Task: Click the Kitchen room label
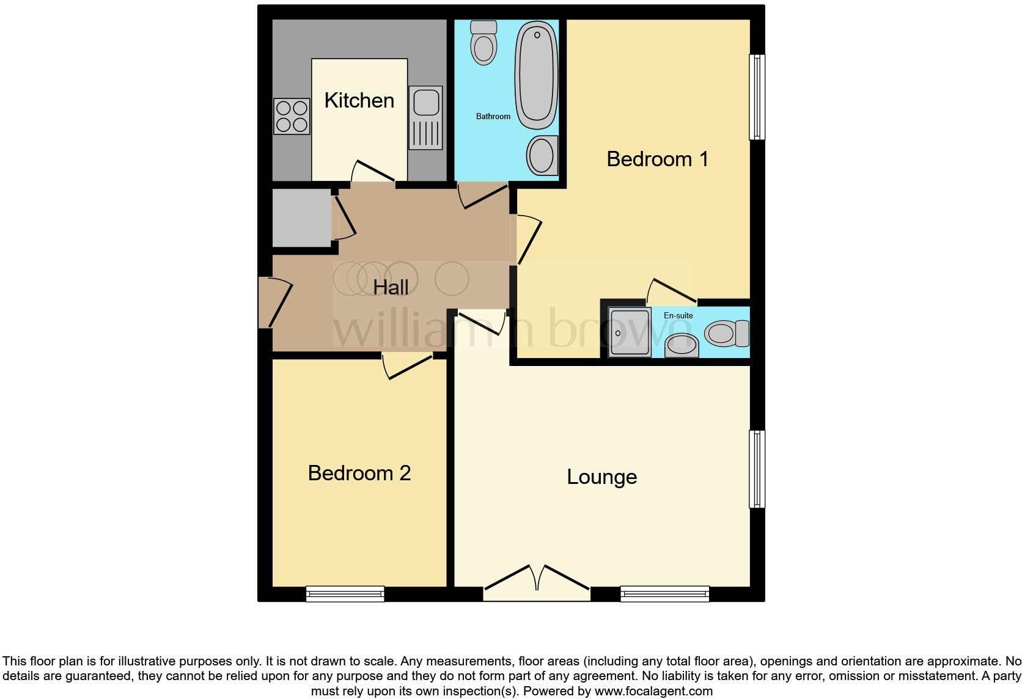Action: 359,100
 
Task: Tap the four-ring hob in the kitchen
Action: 292,117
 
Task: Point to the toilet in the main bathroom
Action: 483,43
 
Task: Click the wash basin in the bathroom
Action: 542,156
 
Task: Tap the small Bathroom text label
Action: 493,116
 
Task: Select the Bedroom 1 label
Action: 657,159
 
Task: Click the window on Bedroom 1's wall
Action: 757,97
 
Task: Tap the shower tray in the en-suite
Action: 630,332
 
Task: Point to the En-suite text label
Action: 678,315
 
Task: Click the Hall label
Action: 391,287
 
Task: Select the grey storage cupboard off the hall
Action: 301,218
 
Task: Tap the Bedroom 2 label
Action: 359,473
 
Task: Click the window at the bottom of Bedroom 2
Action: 345,593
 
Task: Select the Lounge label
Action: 601,477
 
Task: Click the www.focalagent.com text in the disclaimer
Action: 653,691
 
